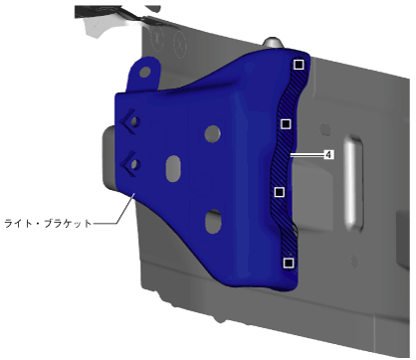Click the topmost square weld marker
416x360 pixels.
tap(299, 65)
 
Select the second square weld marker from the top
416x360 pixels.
tap(286, 124)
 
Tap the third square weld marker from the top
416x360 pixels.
tap(280, 192)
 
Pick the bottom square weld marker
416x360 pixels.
tap(289, 263)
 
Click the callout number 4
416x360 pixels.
tap(328, 154)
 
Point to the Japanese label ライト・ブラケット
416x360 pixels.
tap(48, 223)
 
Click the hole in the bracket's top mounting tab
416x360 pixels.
tap(145, 72)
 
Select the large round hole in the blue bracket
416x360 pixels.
tap(213, 133)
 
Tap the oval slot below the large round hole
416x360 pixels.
tap(173, 168)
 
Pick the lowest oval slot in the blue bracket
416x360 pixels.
tap(213, 222)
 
